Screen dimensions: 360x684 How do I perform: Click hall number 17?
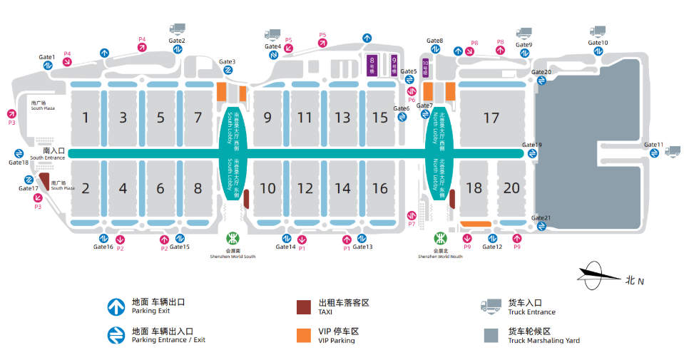(491, 118)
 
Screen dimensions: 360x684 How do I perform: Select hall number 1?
(86, 118)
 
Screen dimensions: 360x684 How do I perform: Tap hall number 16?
(380, 188)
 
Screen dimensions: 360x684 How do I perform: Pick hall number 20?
(511, 188)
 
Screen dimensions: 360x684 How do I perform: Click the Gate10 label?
(598, 43)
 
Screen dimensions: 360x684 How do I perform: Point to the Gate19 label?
(532, 145)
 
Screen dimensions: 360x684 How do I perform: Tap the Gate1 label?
(47, 57)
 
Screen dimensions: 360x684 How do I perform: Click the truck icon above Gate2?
(177, 29)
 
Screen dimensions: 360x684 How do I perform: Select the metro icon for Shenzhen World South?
(233, 237)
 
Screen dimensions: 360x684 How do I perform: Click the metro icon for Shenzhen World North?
(441, 237)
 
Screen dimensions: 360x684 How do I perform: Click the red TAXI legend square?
(304, 307)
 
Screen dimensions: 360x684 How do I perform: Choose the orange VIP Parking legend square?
(304, 335)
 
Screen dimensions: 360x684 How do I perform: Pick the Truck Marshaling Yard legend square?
(490, 335)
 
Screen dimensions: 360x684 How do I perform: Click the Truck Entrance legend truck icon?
(491, 307)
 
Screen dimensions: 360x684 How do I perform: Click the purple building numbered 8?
(371, 65)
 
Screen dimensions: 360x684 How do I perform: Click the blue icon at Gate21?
(541, 226)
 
